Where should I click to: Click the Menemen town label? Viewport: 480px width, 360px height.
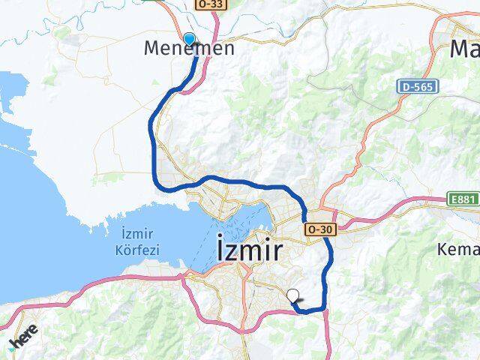tap(188, 49)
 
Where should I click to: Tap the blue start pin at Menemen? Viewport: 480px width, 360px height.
tap(189, 39)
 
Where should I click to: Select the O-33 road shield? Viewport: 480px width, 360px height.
tap(211, 4)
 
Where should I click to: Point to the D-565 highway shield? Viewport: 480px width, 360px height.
tap(414, 87)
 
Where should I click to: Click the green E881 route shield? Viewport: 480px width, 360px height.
tap(463, 199)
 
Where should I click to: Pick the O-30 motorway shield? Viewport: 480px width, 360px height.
tap(318, 229)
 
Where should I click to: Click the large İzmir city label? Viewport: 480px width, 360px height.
tap(249, 250)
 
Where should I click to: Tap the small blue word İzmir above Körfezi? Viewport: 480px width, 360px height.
tap(136, 235)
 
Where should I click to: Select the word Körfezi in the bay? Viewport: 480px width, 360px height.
tap(137, 249)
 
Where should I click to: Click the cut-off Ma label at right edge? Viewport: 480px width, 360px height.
tap(464, 49)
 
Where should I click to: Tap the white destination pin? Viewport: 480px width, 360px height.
tap(293, 296)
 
